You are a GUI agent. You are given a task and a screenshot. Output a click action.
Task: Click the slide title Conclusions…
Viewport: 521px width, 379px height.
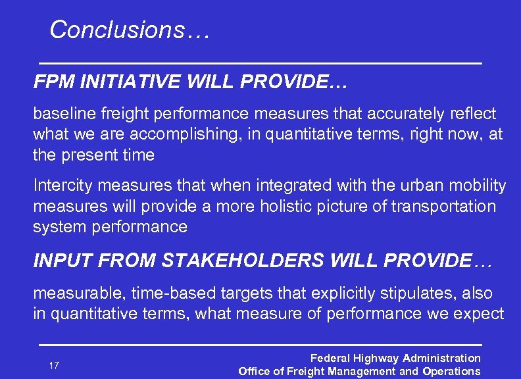(x=129, y=30)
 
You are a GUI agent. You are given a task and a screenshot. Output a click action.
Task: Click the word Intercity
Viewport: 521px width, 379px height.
(x=59, y=186)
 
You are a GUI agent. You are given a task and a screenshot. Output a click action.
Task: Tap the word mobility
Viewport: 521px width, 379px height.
(x=480, y=186)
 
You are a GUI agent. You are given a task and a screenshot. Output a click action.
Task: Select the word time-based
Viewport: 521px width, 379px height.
(x=162, y=293)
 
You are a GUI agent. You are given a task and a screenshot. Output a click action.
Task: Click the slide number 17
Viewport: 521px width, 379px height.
(x=54, y=365)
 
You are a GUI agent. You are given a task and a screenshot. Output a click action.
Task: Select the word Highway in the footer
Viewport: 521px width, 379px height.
(x=376, y=359)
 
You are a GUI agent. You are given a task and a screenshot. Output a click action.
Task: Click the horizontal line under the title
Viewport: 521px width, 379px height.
(x=260, y=63)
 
